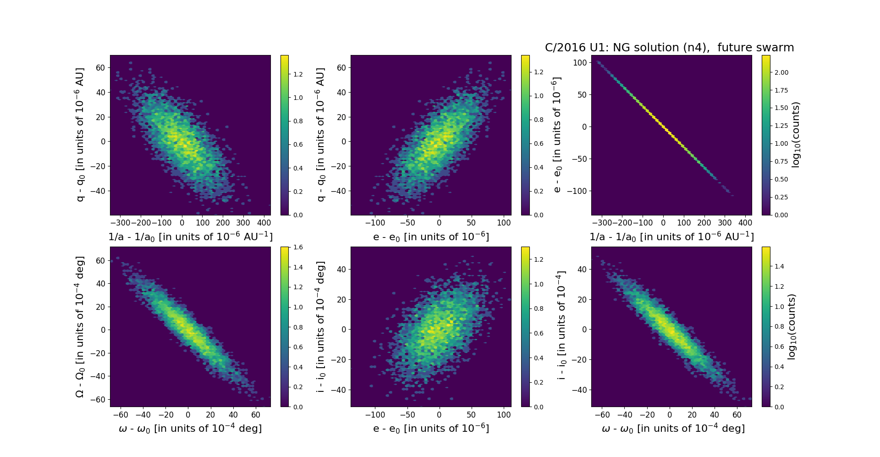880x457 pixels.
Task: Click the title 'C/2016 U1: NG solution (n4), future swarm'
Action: (669, 48)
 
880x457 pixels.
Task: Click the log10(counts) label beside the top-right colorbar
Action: (796, 135)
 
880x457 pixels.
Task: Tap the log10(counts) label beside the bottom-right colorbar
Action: (792, 326)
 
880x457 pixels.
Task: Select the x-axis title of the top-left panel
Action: (190, 237)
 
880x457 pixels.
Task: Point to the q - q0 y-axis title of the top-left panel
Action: (80, 135)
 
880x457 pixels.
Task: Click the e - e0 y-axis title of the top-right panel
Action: (557, 135)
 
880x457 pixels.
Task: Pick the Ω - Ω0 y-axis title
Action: (80, 326)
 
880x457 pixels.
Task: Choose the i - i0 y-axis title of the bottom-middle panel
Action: (320, 326)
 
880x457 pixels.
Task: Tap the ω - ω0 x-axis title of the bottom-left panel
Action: (190, 429)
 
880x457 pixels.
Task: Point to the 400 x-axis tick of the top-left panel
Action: (264, 223)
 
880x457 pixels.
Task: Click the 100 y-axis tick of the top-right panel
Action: (580, 63)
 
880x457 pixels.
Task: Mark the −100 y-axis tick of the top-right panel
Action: (577, 191)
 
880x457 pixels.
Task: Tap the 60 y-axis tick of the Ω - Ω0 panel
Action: (100, 261)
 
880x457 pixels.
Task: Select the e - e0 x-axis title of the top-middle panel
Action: (431, 237)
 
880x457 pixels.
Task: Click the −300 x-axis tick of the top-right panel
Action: (602, 223)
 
